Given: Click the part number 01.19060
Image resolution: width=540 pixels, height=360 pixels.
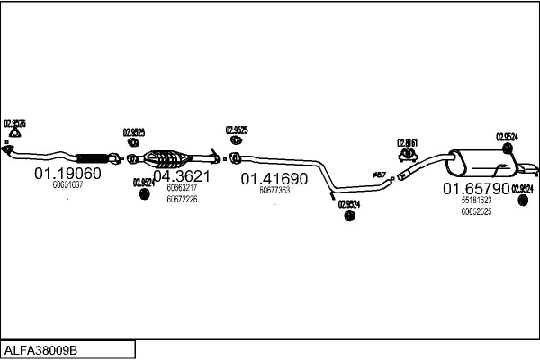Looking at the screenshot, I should pos(67,173).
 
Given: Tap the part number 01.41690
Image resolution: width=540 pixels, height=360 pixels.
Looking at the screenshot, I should pos(274,179).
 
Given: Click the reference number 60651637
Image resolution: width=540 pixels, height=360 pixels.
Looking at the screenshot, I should pos(67,185).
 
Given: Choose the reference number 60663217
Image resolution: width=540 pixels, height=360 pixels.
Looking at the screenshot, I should pos(182,188).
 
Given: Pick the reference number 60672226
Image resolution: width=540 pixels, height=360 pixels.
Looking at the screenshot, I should pos(182,199).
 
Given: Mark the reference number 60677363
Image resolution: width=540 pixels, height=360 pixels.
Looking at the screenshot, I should pos(274,191).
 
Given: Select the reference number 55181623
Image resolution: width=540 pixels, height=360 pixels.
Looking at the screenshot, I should pos(476,201).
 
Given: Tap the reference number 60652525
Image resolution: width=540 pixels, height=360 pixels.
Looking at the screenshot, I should pos(476,211).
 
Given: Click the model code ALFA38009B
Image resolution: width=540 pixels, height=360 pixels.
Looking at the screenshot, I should pos(41,349).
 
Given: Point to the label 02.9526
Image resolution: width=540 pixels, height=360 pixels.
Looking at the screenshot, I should pos(14,122).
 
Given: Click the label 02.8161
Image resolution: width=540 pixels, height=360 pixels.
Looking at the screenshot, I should pos(409,142).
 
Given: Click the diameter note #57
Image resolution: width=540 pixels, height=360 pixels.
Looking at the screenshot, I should pos(379,174).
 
